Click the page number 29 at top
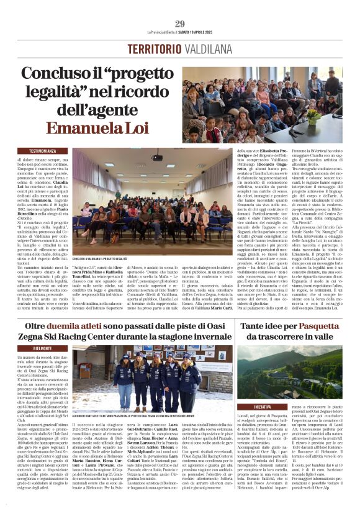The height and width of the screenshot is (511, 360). (180, 24)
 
